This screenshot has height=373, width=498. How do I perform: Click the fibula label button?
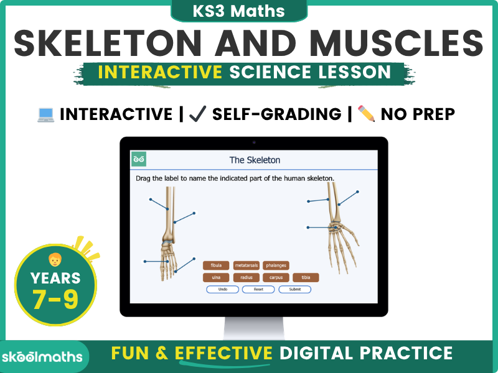click(216, 265)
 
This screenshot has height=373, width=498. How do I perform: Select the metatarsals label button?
click(246, 265)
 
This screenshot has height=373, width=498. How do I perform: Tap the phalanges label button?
click(276, 265)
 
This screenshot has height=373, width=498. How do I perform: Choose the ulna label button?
click(216, 278)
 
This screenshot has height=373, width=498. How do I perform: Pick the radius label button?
click(246, 278)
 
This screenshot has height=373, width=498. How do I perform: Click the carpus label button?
click(276, 278)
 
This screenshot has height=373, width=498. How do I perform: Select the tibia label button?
click(306, 278)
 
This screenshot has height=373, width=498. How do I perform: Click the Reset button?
click(258, 290)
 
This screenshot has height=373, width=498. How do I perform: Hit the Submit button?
click(294, 290)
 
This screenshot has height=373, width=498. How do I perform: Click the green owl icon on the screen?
click(139, 160)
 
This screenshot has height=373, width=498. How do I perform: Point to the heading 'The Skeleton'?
click(255, 160)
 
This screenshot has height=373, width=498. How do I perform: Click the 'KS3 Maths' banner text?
click(249, 11)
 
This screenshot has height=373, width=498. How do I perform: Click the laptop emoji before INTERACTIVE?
click(45, 114)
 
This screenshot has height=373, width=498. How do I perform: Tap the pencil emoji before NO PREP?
click(367, 114)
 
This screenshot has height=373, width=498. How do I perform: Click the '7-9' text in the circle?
click(55, 299)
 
